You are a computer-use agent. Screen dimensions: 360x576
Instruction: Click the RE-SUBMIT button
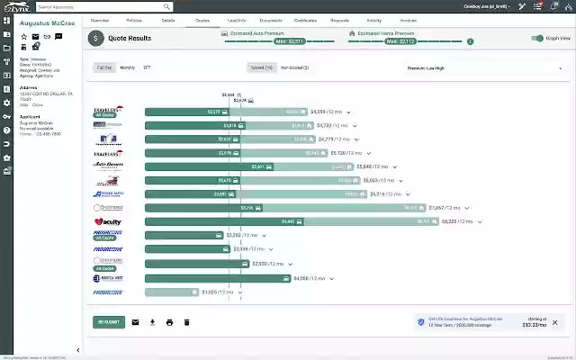click(109, 322)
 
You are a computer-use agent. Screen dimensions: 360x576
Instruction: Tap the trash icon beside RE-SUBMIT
click(186, 322)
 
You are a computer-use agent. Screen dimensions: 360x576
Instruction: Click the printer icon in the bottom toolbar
click(169, 322)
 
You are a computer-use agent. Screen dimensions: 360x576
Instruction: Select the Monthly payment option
click(128, 67)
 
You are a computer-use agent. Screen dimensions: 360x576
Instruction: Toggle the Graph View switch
click(537, 39)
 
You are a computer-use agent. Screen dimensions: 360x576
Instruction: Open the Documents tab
click(272, 19)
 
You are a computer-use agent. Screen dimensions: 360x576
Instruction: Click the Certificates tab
click(306, 19)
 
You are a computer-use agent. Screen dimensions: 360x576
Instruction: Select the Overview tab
click(100, 19)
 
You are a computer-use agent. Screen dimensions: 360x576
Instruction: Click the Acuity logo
click(107, 221)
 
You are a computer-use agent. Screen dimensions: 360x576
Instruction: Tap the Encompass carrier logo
click(107, 208)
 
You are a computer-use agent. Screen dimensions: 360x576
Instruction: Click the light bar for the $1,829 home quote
click(171, 292)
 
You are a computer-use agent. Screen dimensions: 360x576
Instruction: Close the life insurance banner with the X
click(554, 322)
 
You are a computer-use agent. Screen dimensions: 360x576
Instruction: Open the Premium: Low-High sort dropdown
click(478, 67)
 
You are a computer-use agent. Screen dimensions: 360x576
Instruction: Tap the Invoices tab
click(409, 19)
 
